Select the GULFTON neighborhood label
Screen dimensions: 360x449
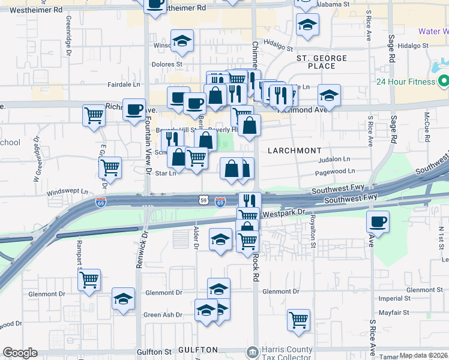[x=197, y=350]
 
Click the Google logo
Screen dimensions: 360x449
[x=20, y=353]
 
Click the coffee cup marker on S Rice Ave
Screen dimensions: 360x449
[x=378, y=222]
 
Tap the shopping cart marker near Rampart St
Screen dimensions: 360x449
[x=89, y=279]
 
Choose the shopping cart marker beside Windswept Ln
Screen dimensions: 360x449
[x=110, y=168]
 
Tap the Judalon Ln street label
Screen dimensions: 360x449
[x=334, y=159]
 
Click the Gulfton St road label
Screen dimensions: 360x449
[x=155, y=351]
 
